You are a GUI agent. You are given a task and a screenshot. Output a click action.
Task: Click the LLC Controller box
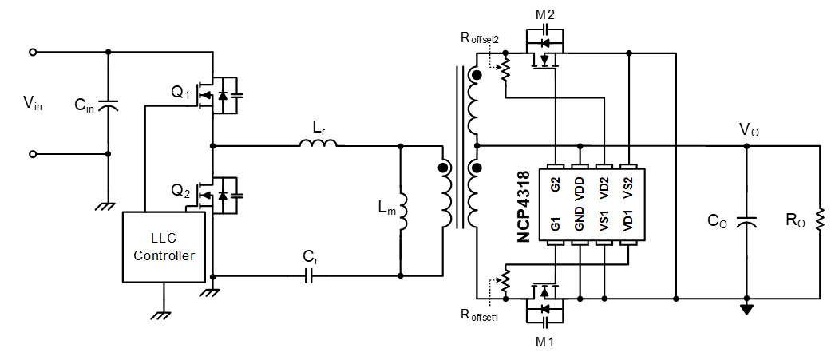tap(163, 247)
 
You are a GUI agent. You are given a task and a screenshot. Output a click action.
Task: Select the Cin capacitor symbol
tap(109, 105)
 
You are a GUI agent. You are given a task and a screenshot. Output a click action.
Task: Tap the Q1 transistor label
tap(181, 94)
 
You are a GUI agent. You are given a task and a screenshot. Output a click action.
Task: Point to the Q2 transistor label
tap(181, 192)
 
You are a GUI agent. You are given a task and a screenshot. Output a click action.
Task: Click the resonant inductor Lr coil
tap(319, 144)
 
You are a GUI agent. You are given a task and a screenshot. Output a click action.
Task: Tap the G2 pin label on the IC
tap(556, 184)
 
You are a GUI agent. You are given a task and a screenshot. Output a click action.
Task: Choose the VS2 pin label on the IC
tap(628, 184)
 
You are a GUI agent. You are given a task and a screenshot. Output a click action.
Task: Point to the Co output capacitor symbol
tap(746, 224)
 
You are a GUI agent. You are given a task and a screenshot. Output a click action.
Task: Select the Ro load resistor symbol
tap(819, 223)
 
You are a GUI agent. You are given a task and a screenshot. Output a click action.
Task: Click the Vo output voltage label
tap(749, 129)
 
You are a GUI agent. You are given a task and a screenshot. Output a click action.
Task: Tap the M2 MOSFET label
tap(545, 15)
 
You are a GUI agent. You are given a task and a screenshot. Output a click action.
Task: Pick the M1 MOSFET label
tap(545, 342)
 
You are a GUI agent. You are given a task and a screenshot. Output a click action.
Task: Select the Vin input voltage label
tap(33, 102)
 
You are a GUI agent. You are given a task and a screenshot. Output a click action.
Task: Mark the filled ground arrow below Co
tap(746, 308)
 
